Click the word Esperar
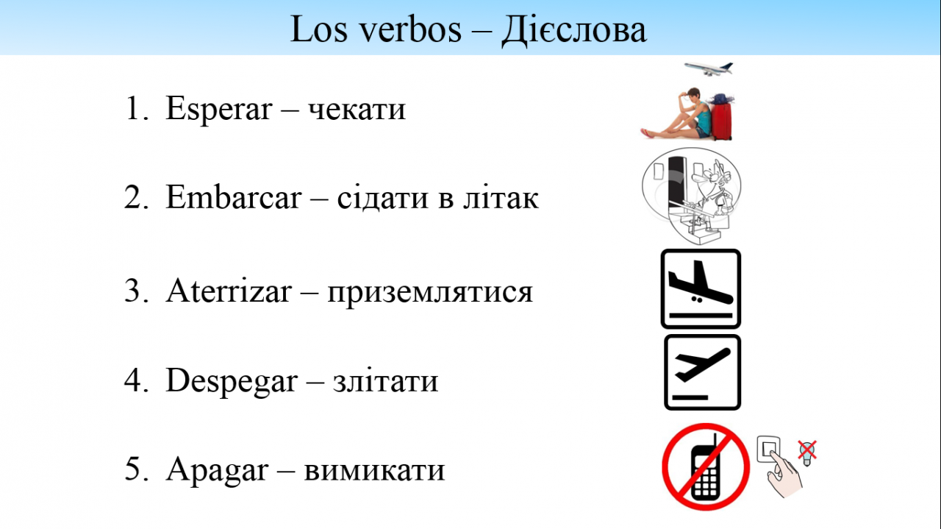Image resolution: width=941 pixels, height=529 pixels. coord(219,108)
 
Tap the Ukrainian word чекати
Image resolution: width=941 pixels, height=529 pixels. coord(357,110)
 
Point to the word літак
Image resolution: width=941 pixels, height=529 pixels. coord(501,198)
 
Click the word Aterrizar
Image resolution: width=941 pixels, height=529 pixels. coord(229,291)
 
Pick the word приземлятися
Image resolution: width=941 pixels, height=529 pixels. coord(430,292)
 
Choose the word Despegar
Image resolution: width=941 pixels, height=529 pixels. coord(232,381)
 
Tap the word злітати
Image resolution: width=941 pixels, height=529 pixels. coord(386,381)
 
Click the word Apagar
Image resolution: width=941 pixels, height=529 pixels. coord(217,470)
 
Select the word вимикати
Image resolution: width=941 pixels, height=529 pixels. coord(374,470)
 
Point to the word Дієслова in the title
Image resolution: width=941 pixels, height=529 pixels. coord(574,30)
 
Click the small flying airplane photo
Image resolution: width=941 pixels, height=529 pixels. coord(709,69)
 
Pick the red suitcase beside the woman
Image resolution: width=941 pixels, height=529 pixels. coord(722,118)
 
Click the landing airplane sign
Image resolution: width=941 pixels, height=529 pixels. coord(701,289)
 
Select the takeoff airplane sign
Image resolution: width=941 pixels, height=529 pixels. coord(702,372)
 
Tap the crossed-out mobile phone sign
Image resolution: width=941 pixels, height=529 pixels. coord(706,466)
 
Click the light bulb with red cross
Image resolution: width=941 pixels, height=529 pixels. coord(807,452)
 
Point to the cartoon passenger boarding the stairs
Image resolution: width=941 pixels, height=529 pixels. coord(710,194)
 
